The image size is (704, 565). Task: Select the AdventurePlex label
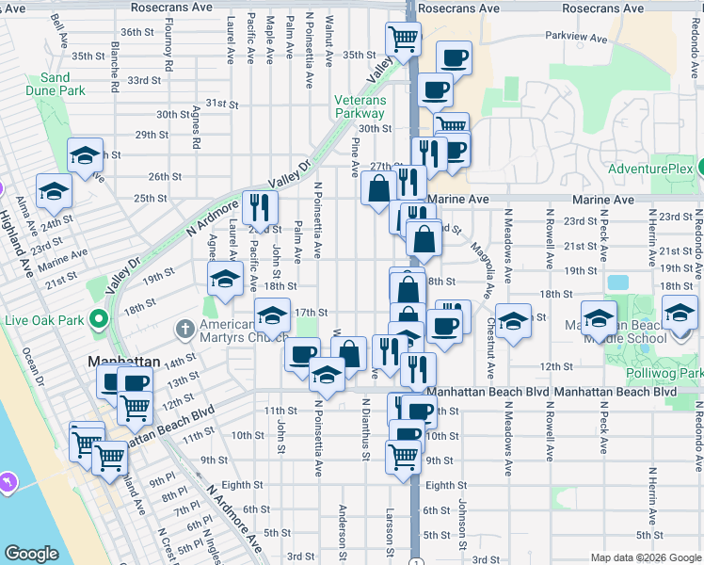649,170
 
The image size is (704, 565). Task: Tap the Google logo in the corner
31,554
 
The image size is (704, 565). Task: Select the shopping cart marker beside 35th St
402,41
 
